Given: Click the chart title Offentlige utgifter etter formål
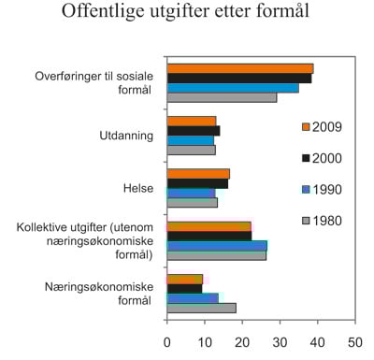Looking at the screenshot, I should (187, 14).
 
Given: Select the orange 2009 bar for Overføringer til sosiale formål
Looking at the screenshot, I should (240, 68).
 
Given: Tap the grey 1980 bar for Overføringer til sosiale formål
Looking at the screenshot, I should (222, 97).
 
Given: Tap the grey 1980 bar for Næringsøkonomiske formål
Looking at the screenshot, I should (201, 308).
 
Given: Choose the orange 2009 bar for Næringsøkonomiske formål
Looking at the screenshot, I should (185, 279).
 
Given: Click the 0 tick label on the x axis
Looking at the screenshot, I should (167, 341).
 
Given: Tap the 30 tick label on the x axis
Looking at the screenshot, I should (280, 341).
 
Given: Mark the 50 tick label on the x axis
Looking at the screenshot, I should (354, 341).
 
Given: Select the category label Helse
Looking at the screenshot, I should (137, 188).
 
